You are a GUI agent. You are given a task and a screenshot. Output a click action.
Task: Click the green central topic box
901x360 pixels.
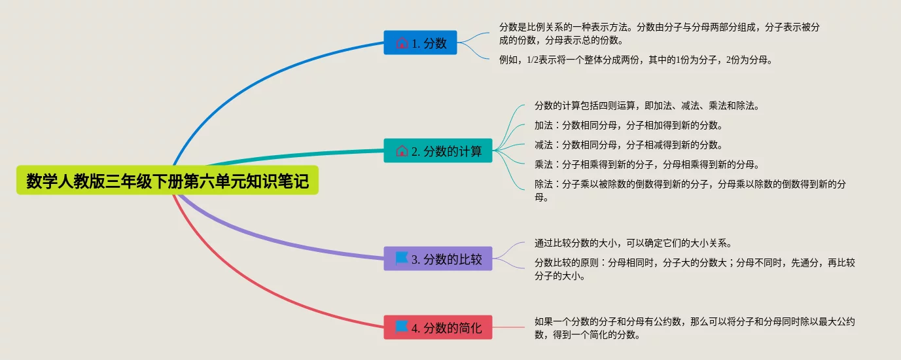(x=168, y=180)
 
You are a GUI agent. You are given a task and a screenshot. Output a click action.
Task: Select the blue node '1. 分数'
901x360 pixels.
(x=420, y=43)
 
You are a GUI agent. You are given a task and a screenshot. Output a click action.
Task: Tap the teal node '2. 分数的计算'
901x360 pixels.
(x=438, y=151)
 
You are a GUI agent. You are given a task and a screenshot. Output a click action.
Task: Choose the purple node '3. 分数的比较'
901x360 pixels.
(x=438, y=259)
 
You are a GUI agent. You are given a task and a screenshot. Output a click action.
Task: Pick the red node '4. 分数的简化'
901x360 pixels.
(x=438, y=327)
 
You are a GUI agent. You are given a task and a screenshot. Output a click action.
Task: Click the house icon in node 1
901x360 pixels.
(x=402, y=43)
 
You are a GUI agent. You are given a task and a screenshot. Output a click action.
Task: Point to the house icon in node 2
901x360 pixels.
(x=402, y=151)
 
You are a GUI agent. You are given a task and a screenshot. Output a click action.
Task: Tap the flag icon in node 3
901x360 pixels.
(x=402, y=259)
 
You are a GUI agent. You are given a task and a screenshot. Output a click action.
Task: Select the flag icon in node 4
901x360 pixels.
(x=402, y=327)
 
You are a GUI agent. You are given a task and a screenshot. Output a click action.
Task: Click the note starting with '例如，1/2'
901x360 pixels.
(x=636, y=60)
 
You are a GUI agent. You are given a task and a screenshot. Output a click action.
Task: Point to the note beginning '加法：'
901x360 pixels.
(x=629, y=126)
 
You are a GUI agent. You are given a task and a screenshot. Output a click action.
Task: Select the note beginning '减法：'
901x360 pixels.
(x=629, y=145)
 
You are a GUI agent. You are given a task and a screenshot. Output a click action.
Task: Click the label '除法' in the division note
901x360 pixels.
(x=544, y=184)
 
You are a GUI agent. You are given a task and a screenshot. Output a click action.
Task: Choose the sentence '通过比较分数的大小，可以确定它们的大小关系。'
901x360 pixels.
(x=633, y=243)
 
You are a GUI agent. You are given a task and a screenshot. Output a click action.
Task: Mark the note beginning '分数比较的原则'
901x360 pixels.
(x=695, y=269)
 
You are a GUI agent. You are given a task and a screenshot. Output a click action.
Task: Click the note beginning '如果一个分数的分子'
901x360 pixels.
(x=695, y=328)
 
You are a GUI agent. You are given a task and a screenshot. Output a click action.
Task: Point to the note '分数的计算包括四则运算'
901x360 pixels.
(x=647, y=106)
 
